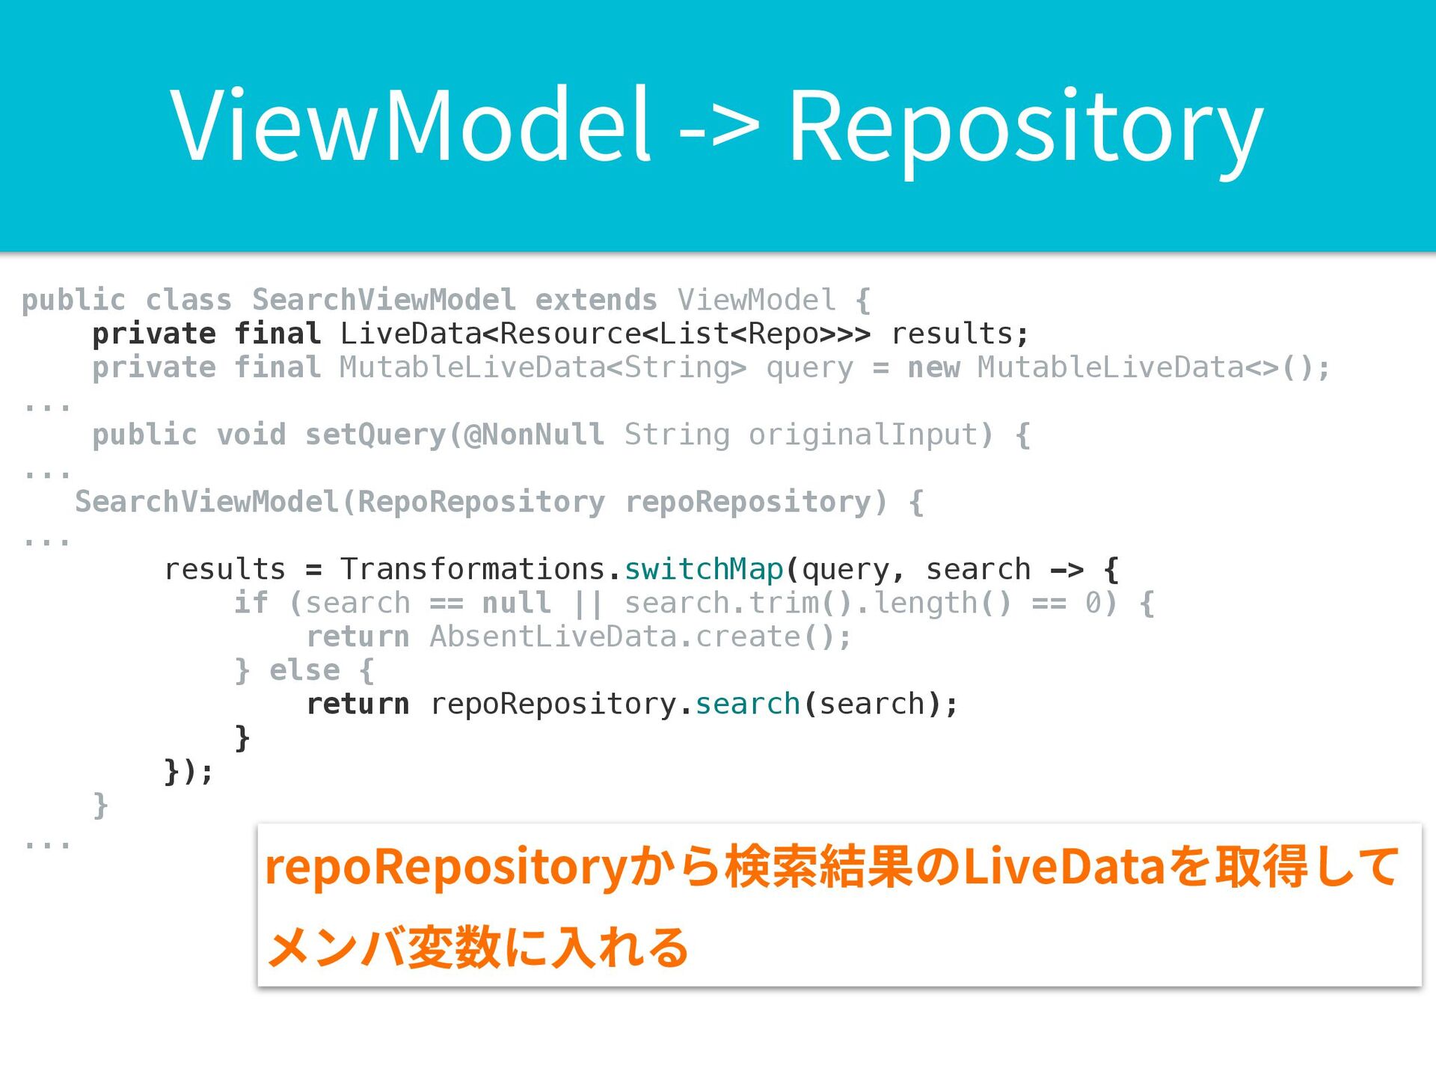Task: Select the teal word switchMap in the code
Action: [704, 570]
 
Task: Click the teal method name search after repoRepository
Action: [748, 705]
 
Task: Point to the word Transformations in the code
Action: [473, 570]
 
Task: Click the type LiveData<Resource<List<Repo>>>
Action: [605, 334]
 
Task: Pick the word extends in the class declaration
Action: [596, 301]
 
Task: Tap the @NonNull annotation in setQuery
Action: [534, 435]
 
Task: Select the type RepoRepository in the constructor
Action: [481, 503]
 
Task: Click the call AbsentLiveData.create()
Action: [640, 637]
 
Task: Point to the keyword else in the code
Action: [304, 671]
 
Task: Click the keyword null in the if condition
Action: [516, 604]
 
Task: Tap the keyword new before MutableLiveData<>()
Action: [933, 368]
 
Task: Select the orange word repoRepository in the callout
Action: [446, 868]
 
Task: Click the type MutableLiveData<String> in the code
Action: [543, 368]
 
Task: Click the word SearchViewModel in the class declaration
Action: [384, 301]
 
